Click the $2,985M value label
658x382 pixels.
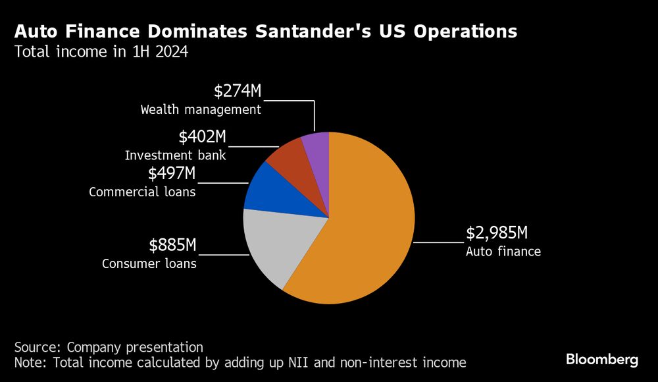click(497, 233)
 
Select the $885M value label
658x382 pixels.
click(172, 246)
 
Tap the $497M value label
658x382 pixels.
click(172, 174)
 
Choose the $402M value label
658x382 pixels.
click(202, 137)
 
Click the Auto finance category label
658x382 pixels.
click(503, 251)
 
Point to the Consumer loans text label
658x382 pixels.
click(149, 263)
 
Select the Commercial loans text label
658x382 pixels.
click(142, 192)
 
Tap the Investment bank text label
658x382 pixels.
click(176, 155)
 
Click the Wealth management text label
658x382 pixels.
click(201, 109)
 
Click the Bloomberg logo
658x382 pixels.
click(602, 360)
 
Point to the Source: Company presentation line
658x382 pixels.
click(109, 347)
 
